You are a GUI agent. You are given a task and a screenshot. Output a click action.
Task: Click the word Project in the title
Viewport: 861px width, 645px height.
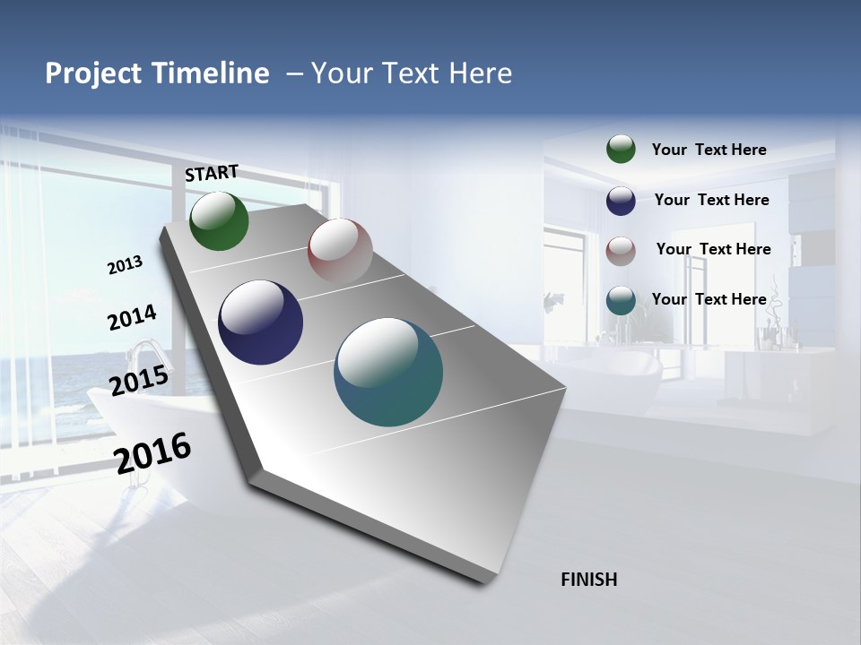93,73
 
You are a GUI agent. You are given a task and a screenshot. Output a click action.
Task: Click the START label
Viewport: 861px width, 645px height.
212,173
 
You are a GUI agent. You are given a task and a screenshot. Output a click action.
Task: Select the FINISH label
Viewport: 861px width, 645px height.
588,580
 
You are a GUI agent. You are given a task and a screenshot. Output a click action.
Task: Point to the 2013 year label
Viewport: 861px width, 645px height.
125,265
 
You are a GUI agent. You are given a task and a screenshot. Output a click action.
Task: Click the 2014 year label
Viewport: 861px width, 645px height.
132,318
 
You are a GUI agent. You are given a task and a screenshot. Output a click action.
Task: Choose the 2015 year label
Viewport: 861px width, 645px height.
139,381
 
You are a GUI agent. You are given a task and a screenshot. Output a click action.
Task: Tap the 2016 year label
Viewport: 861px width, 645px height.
152,452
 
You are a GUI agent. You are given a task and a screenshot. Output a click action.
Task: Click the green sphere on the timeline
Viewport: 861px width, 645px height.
219,220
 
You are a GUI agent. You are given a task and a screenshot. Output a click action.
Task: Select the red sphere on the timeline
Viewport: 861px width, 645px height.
340,251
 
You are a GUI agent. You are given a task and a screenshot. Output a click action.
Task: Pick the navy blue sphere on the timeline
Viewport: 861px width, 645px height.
260,322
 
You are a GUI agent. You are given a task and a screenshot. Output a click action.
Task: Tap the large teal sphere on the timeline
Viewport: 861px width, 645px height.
388,372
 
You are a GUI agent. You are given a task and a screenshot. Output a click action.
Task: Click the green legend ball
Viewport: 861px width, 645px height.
621,149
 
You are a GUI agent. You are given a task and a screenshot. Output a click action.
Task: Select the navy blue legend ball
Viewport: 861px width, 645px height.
621,200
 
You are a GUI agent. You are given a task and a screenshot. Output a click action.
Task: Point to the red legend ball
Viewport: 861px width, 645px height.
621,250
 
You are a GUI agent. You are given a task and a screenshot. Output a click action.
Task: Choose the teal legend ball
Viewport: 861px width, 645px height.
621,300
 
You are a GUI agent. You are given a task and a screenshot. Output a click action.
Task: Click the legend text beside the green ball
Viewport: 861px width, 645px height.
709,150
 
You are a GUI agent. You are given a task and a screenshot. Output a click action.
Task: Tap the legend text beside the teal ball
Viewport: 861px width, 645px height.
709,299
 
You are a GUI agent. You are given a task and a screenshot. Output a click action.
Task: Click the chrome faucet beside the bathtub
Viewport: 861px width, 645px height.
143,354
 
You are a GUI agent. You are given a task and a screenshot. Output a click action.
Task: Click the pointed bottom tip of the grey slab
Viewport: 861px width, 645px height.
485,582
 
